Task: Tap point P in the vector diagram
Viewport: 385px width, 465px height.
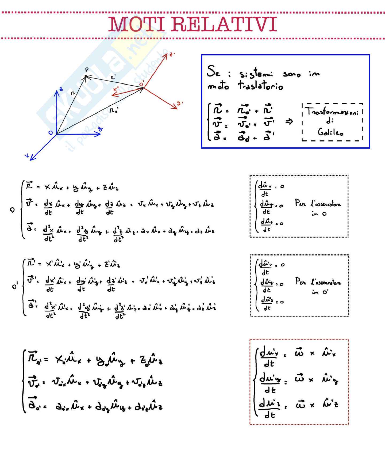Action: (x=86, y=77)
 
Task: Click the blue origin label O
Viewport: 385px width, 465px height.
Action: (x=51, y=132)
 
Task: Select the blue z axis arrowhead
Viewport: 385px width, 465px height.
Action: (x=57, y=93)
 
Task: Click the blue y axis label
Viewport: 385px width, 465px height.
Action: (x=100, y=129)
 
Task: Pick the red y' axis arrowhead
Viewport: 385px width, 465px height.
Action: (x=175, y=107)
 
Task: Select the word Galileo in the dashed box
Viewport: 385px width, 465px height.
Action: (x=330, y=132)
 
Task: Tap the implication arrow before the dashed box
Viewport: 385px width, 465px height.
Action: (x=289, y=122)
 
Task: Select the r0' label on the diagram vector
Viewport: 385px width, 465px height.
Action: (x=114, y=110)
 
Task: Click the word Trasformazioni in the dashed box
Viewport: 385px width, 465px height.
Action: (x=332, y=111)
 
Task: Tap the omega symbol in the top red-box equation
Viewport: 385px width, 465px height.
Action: (x=299, y=353)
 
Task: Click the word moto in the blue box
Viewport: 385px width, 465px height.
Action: (x=218, y=86)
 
